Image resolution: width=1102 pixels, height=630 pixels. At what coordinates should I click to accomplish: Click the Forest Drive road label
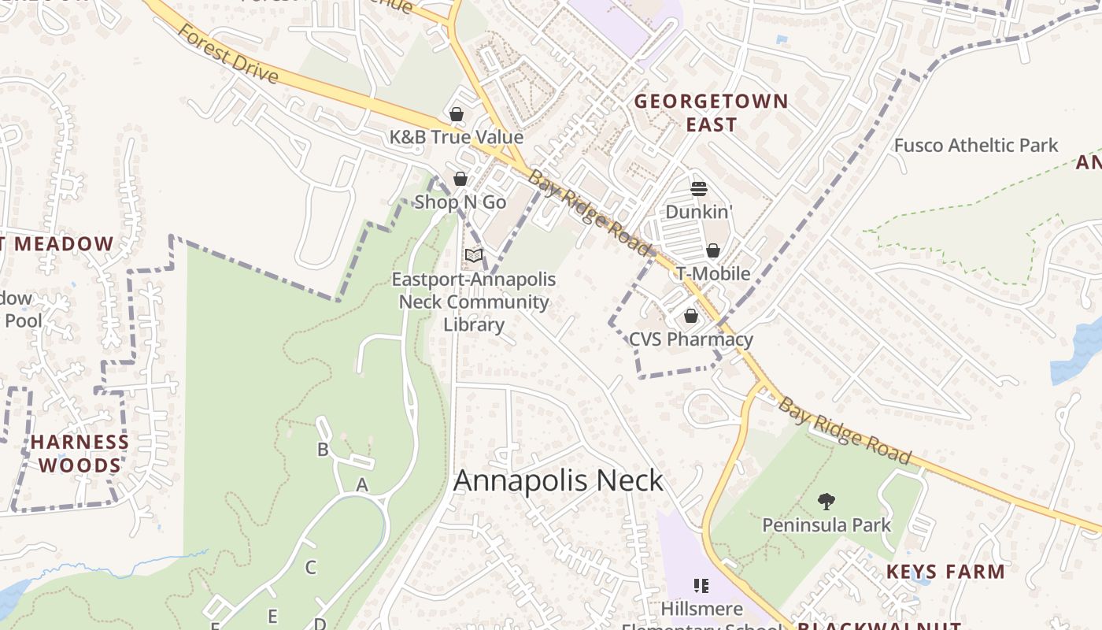click(x=227, y=54)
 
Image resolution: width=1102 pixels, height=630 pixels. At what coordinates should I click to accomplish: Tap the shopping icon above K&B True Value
click(x=457, y=114)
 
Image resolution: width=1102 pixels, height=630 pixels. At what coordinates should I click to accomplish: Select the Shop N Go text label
click(x=460, y=202)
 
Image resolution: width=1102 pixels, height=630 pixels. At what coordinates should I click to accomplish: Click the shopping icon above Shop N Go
click(x=460, y=179)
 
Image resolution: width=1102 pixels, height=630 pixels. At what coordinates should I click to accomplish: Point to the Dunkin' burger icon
click(x=699, y=188)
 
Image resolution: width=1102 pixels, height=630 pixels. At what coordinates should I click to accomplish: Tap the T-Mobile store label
click(x=713, y=274)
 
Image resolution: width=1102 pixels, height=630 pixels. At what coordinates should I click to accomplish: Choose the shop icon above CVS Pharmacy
click(x=691, y=316)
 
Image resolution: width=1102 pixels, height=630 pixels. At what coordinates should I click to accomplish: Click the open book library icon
click(x=473, y=255)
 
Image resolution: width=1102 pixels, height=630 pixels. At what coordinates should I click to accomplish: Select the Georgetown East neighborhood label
click(x=711, y=113)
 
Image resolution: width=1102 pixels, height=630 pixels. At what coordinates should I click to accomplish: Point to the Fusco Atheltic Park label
click(x=976, y=146)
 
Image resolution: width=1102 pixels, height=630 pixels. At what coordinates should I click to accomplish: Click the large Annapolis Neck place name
click(x=559, y=480)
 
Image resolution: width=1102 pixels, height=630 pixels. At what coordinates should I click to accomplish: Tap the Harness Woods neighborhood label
click(x=80, y=454)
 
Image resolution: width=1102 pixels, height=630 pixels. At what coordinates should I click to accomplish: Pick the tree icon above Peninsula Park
click(x=826, y=501)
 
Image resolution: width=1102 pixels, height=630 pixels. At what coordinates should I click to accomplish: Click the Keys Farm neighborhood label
click(x=945, y=572)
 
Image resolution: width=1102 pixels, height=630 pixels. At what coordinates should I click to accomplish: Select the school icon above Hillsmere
click(x=701, y=585)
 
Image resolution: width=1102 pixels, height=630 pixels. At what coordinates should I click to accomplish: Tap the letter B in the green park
click(x=322, y=450)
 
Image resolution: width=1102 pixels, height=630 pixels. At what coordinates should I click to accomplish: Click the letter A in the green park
click(x=362, y=485)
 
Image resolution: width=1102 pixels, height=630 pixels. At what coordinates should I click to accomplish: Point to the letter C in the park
click(x=310, y=567)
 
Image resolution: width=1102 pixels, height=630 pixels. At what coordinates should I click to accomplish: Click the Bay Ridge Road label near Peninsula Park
click(x=845, y=431)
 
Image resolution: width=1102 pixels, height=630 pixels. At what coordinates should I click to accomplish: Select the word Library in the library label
click(x=473, y=324)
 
